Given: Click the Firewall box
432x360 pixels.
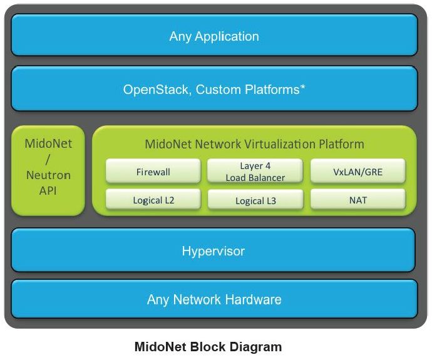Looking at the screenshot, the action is pyautogui.click(x=153, y=171).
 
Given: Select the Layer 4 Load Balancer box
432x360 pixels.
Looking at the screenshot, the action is pyautogui.click(x=255, y=171).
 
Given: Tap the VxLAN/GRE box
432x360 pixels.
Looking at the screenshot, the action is pyautogui.click(x=358, y=171).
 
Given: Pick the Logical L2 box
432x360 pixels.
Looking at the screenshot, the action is pyautogui.click(x=153, y=199).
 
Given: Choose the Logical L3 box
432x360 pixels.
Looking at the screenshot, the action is pyautogui.click(x=255, y=199).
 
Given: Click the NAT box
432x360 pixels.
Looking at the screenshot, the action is pyautogui.click(x=358, y=199).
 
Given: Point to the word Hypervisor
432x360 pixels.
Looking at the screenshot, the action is pyautogui.click(x=213, y=251).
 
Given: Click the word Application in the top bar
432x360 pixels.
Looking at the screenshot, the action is pyautogui.click(x=227, y=37).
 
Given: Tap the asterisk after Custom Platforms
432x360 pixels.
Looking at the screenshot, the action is pyautogui.click(x=303, y=87).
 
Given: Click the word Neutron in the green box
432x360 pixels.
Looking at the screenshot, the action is pyautogui.click(x=48, y=175).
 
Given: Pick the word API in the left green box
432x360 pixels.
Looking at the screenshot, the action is pyautogui.click(x=48, y=190).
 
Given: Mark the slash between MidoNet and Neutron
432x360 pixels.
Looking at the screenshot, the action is pyautogui.click(x=48, y=160).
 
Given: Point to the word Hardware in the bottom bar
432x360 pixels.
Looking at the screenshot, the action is pyautogui.click(x=253, y=299).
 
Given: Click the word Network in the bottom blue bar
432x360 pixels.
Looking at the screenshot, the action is pyautogui.click(x=197, y=299).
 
